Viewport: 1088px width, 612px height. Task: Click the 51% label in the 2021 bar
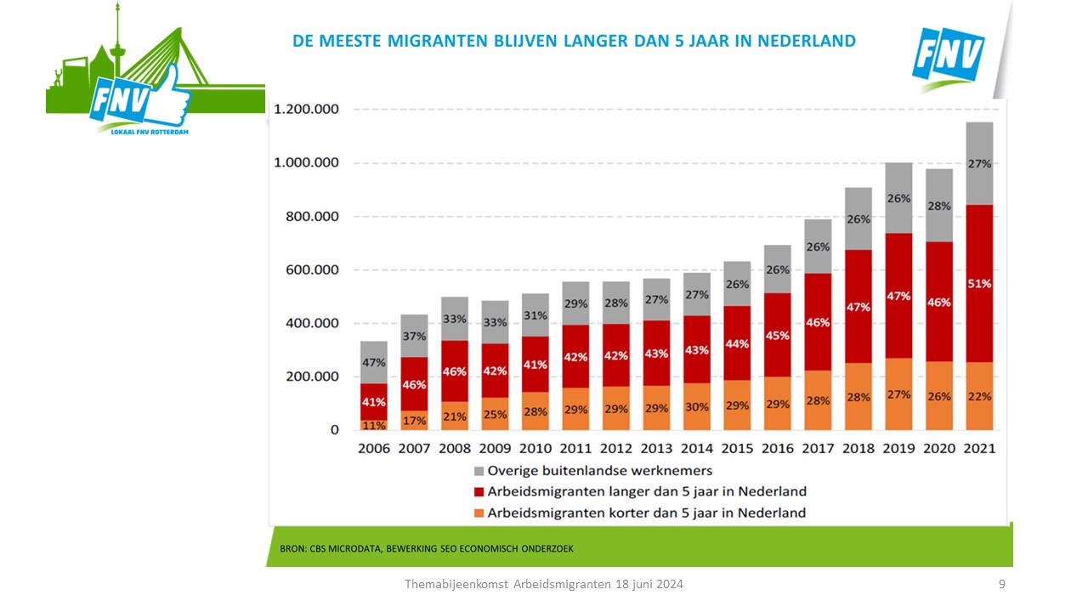(979, 284)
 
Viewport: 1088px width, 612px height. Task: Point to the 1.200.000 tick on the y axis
(307, 110)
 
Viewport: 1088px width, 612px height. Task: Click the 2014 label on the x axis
(697, 448)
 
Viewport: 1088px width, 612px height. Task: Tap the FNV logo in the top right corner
(948, 58)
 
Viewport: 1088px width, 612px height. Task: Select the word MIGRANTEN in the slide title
(429, 41)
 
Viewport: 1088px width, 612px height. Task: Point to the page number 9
(1002, 584)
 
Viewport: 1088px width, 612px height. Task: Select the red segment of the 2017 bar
(819, 321)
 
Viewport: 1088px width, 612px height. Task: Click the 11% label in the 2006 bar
(374, 424)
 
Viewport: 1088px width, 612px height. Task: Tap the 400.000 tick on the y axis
(307, 324)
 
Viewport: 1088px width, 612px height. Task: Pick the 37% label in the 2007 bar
(414, 337)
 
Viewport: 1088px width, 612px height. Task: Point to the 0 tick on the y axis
(334, 430)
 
